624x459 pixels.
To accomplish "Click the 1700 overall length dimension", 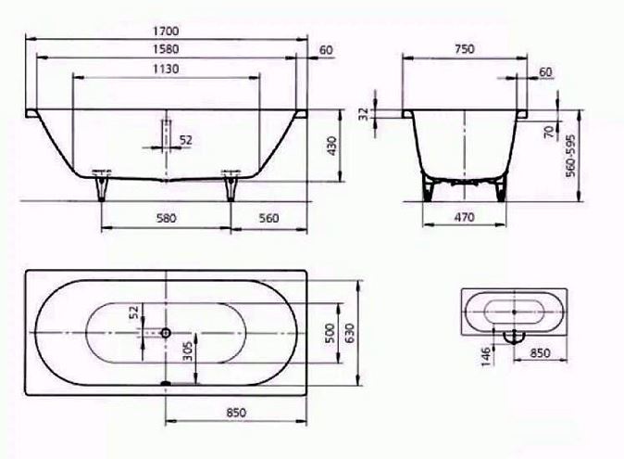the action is [x=166, y=31].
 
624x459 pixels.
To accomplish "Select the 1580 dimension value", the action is [x=166, y=49].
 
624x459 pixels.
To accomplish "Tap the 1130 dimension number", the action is [x=166, y=69].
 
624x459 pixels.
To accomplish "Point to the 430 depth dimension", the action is [x=331, y=146].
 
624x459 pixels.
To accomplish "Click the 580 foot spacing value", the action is [x=166, y=218].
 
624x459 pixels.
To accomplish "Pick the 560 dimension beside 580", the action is [x=268, y=218].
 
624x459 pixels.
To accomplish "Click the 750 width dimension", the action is [x=464, y=49].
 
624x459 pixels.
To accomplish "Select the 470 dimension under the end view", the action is [x=464, y=217].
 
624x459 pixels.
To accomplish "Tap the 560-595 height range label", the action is [x=570, y=156].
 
